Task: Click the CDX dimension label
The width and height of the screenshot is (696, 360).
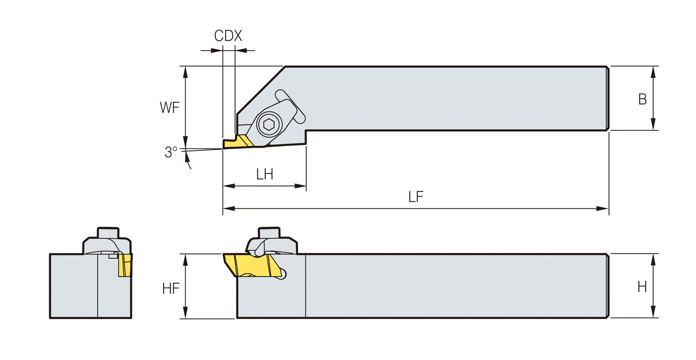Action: [228, 36]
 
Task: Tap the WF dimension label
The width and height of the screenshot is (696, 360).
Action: [170, 108]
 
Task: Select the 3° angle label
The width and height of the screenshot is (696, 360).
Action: [171, 152]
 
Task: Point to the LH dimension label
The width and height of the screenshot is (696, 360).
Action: [265, 174]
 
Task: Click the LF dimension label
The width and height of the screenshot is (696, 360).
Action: [416, 197]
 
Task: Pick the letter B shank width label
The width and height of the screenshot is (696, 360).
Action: [642, 100]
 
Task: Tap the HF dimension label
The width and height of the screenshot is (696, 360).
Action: [171, 288]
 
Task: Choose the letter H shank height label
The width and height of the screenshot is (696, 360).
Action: [642, 287]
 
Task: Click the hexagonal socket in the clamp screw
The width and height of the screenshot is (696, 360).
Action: [269, 125]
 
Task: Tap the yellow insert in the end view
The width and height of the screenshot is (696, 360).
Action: [125, 265]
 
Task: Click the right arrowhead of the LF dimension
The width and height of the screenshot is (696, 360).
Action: [603, 208]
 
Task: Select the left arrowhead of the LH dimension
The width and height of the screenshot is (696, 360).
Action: [229, 186]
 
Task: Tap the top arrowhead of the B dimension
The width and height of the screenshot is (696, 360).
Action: [653, 72]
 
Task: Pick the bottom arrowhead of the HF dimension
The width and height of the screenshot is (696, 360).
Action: [186, 312]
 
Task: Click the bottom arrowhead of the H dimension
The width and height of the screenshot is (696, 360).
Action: [653, 312]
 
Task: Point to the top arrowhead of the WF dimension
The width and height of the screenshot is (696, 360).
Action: [186, 72]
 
